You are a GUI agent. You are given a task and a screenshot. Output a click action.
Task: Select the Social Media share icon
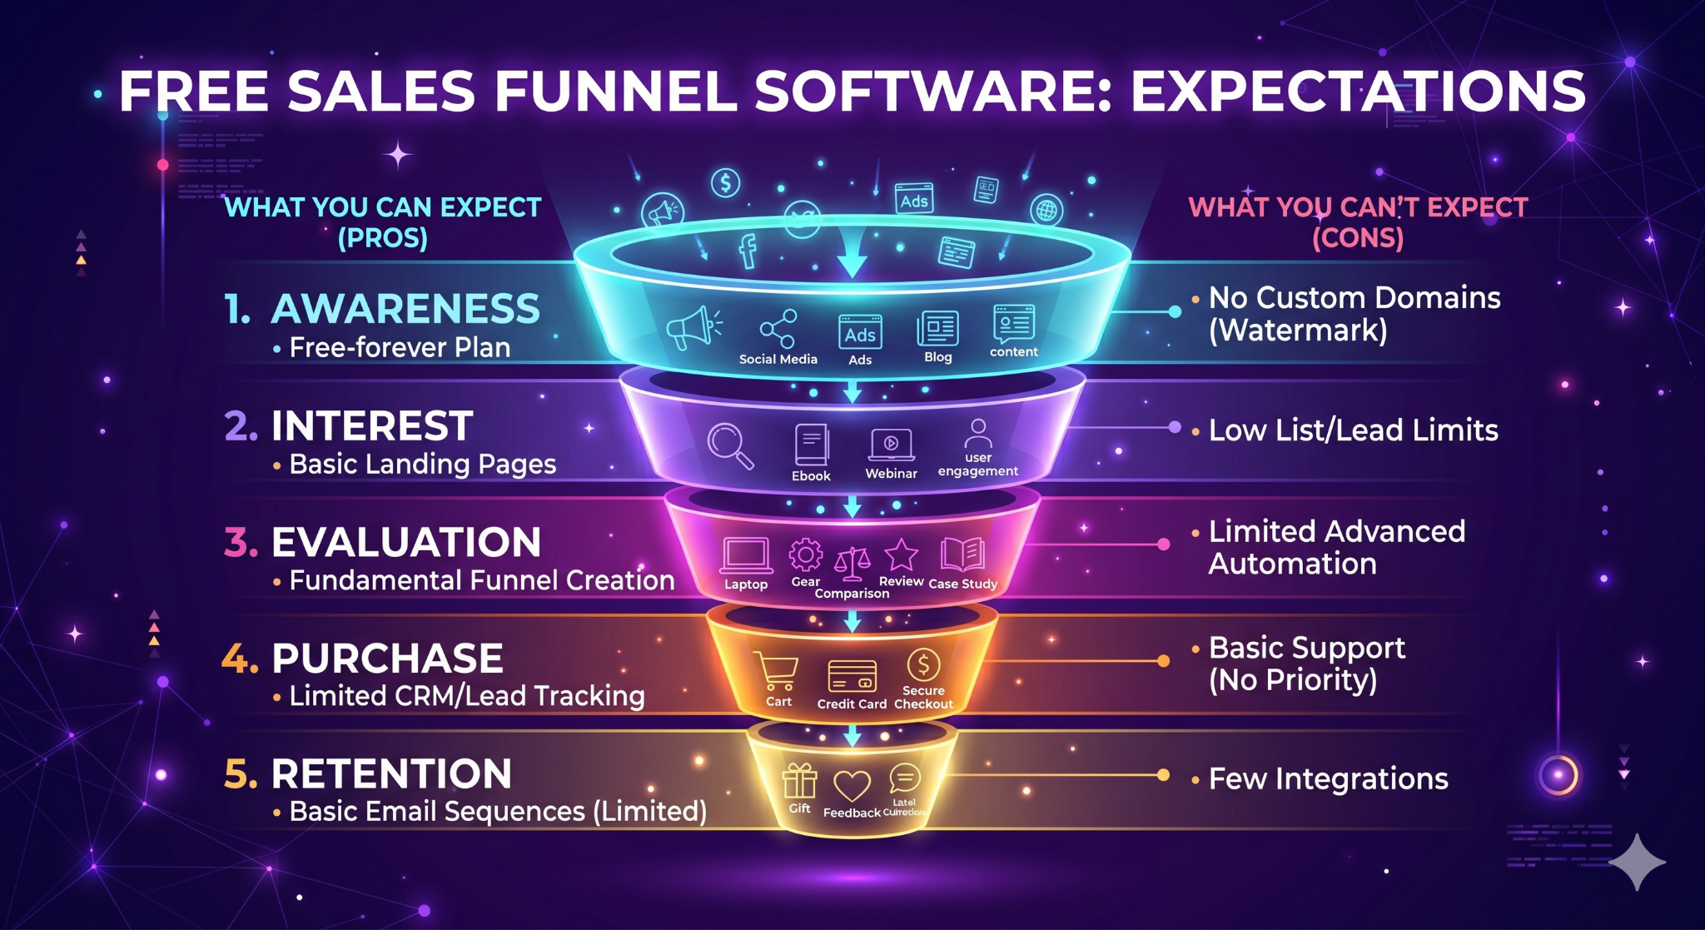click(778, 329)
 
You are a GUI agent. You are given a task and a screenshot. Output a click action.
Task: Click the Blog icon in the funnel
click(938, 329)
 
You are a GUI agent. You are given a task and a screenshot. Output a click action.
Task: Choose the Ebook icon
click(811, 445)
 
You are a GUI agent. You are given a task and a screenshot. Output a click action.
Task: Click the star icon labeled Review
click(901, 555)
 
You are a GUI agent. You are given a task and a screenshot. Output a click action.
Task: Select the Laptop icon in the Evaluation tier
click(746, 555)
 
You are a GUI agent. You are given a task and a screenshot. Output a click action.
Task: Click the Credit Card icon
click(852, 676)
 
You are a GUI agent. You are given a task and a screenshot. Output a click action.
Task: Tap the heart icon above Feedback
click(852, 785)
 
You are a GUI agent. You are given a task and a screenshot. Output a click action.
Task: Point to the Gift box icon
click(799, 782)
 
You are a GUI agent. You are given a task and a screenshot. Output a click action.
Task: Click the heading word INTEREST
click(372, 426)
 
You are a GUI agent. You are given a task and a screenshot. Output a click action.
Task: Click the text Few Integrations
click(1328, 779)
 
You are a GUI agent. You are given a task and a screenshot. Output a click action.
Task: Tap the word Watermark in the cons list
click(1298, 331)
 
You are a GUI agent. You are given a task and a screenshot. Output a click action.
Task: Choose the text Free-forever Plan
click(400, 347)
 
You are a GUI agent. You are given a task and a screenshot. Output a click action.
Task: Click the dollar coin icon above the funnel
click(726, 182)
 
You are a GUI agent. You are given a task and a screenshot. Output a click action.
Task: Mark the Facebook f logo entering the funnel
click(748, 251)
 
